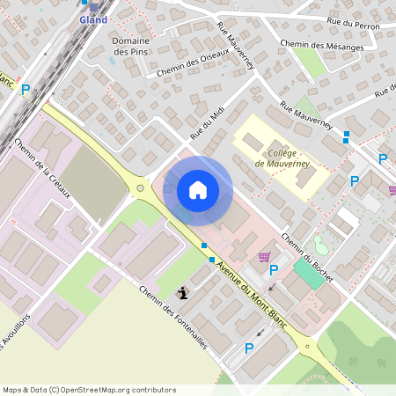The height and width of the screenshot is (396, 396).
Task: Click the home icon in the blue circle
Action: [x=198, y=190]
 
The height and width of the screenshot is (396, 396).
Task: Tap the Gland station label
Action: [x=93, y=19]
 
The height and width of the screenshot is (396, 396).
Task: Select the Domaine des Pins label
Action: [x=130, y=47]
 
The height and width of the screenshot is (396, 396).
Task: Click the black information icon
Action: [x=182, y=294]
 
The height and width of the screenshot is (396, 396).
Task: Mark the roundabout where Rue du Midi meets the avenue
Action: [x=140, y=187]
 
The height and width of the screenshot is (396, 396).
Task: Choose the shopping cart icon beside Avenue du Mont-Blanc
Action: [x=263, y=257]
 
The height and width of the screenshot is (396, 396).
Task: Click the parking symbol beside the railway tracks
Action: [x=26, y=89]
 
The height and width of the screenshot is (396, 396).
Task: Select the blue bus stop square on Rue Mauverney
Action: [x=346, y=136]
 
